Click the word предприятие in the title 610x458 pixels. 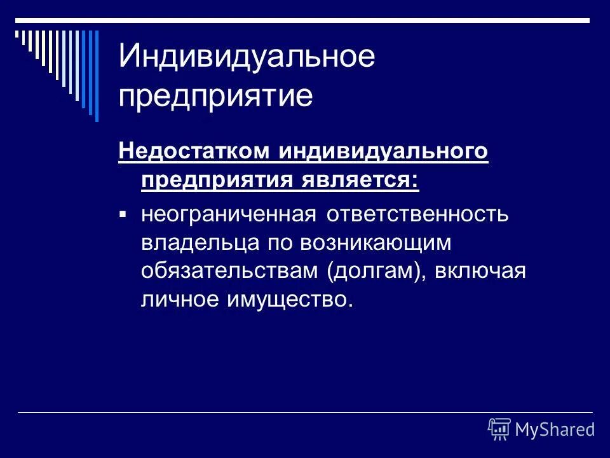click(x=216, y=96)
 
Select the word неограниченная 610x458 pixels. click(x=229, y=214)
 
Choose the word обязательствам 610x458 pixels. click(x=231, y=270)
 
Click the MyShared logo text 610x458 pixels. click(x=554, y=430)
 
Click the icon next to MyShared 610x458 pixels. click(x=499, y=429)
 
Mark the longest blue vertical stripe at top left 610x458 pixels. click(x=97, y=75)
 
